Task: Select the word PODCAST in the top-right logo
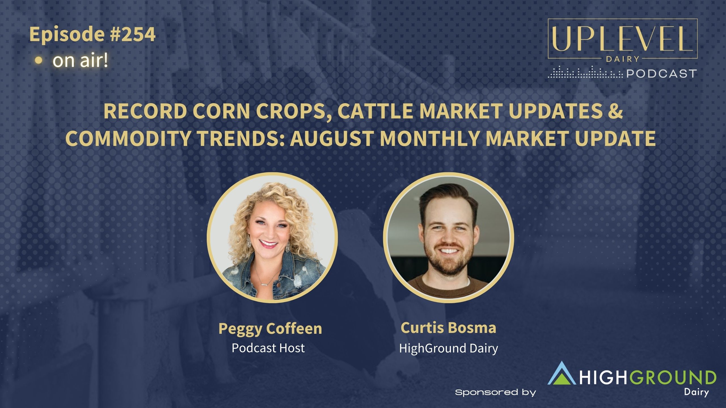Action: (x=661, y=74)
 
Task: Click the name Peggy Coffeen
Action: (x=270, y=329)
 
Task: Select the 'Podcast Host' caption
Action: (x=268, y=348)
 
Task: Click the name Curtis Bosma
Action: (x=448, y=328)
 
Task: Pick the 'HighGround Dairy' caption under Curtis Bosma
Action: (x=449, y=348)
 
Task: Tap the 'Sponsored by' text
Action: (x=495, y=392)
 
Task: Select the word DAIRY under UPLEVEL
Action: (x=622, y=59)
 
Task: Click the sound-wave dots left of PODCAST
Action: (x=585, y=73)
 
